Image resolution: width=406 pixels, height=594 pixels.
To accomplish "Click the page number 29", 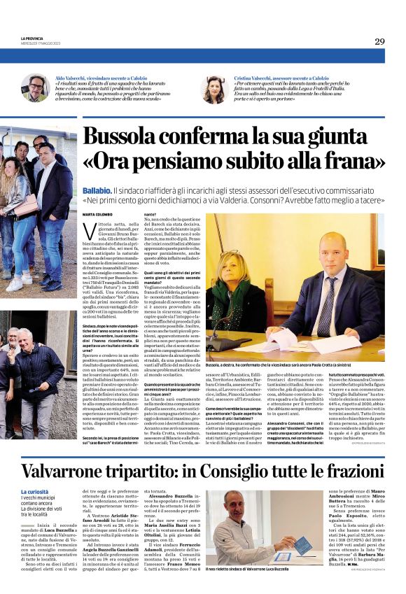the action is [379, 41].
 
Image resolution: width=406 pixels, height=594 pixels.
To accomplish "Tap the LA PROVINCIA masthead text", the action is [34, 38].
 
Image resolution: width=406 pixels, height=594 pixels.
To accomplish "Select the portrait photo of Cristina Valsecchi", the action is [211, 88].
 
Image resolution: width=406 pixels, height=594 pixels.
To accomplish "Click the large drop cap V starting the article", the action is [89, 232].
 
